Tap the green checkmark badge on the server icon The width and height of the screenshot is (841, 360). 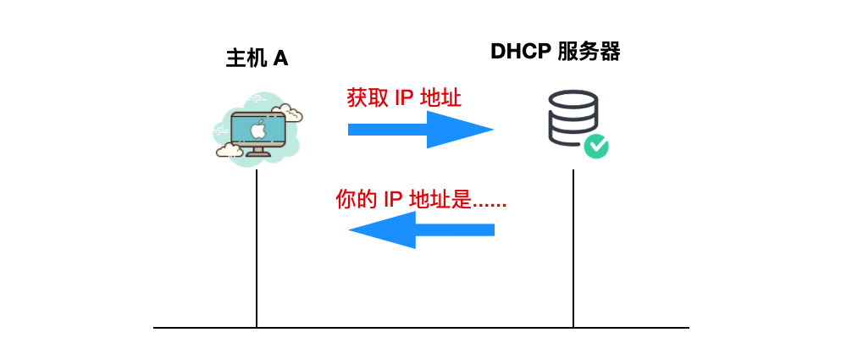[x=596, y=146]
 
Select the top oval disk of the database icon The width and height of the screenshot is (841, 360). [x=573, y=99]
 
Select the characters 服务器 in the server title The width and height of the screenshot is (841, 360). [x=589, y=52]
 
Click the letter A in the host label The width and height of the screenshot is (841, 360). [x=281, y=58]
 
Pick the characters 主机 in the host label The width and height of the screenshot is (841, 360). [x=246, y=58]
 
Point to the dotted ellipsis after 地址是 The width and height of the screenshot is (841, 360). [x=490, y=205]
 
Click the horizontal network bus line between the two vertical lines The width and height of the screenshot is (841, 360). [x=415, y=327]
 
